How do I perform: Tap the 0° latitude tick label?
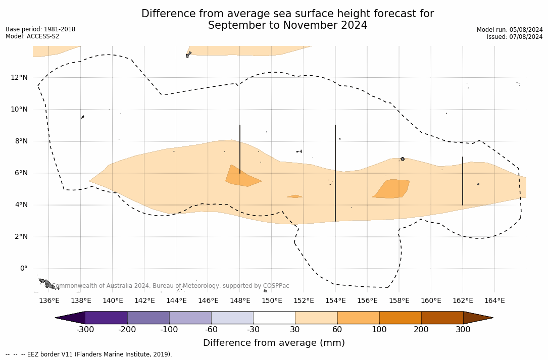(x=23, y=269)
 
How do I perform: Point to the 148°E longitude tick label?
(x=240, y=300)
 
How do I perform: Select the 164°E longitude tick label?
(x=494, y=300)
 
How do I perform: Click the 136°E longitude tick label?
(x=49, y=300)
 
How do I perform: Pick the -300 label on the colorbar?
(x=85, y=330)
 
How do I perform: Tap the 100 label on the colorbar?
(x=379, y=330)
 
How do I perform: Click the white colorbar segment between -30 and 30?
(x=274, y=318)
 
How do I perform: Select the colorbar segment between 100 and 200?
(x=400, y=318)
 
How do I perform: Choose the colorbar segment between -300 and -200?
(x=106, y=318)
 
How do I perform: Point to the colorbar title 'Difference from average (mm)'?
(x=274, y=343)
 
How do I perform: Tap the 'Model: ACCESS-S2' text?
(x=32, y=36)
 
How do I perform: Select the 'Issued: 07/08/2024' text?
(x=515, y=37)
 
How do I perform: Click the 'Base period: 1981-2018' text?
(x=40, y=29)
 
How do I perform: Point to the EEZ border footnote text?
(x=89, y=354)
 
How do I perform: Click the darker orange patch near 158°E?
(x=392, y=188)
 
